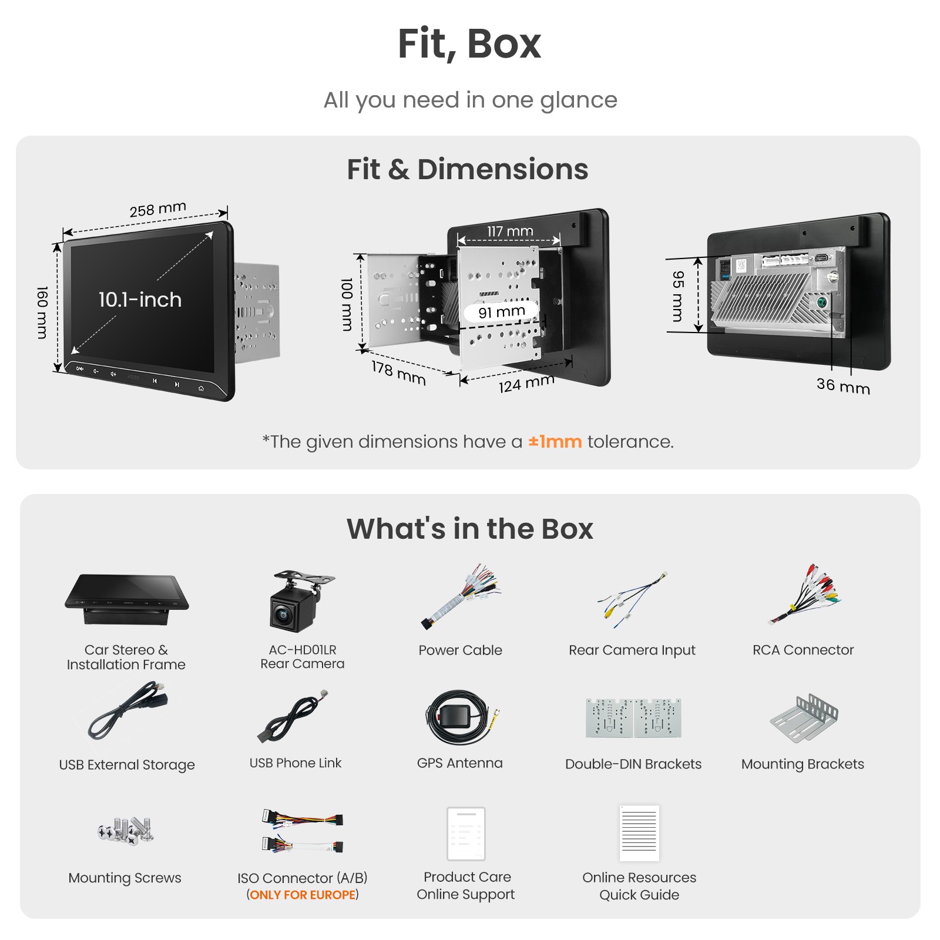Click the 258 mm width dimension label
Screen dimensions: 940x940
[x=158, y=209]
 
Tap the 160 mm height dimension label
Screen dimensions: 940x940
[x=42, y=313]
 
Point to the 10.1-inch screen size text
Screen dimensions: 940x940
[x=140, y=300]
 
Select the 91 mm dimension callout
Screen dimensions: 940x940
[x=501, y=311]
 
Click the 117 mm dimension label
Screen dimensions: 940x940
[x=510, y=231]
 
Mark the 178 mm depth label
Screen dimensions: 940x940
[x=398, y=373]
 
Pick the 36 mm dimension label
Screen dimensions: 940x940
[x=843, y=385]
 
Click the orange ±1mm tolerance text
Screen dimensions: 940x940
[x=555, y=441]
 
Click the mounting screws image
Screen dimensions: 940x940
[x=126, y=831]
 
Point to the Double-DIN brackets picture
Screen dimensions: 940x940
[x=633, y=717]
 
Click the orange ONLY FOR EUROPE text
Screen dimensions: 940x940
[x=303, y=895]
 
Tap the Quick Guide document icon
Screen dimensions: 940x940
[x=639, y=833]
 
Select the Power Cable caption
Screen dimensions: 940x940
[x=460, y=650]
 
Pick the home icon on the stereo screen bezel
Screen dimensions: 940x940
[x=201, y=388]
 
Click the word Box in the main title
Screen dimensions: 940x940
[x=504, y=43]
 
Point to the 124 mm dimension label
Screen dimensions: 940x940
[x=526, y=383]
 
